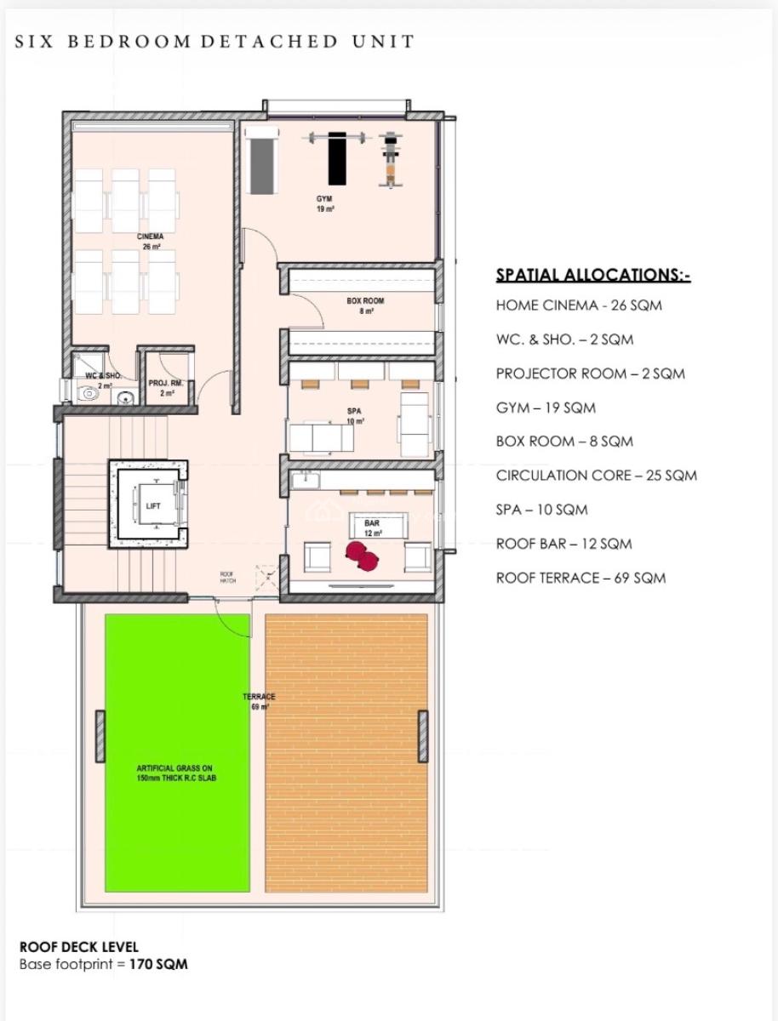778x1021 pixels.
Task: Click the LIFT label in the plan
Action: (153, 505)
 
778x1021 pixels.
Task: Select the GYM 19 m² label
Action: (325, 203)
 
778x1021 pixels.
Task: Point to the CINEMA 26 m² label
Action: (150, 241)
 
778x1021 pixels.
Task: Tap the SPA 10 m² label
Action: (355, 415)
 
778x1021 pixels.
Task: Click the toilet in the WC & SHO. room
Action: (88, 392)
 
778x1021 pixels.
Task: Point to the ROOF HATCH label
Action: (227, 577)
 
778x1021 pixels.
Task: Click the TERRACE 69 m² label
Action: (259, 701)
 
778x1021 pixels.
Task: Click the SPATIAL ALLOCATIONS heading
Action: (592, 275)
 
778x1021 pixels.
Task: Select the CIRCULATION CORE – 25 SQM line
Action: (596, 476)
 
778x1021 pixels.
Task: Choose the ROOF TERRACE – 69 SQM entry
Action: (581, 578)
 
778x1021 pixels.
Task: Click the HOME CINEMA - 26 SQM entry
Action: (579, 305)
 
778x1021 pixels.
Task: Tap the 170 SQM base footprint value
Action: (158, 964)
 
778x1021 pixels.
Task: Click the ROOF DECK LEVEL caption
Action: (78, 947)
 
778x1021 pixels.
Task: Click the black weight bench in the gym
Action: (339, 157)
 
